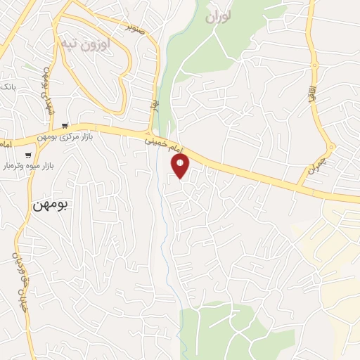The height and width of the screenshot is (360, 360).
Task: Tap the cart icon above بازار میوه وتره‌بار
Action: coord(28,155)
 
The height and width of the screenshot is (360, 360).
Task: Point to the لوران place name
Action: coord(219,17)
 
